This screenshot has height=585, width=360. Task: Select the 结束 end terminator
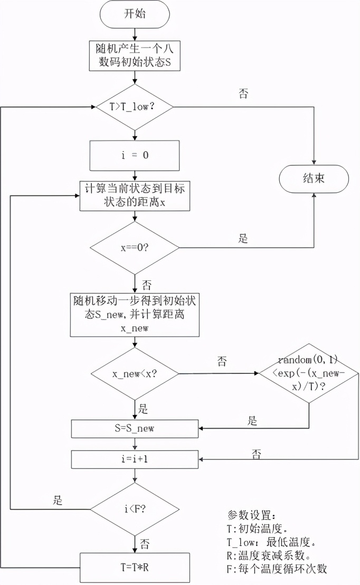coord(314,178)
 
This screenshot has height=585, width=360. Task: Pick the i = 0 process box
coord(135,155)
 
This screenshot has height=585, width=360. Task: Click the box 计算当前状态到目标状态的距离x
coord(135,196)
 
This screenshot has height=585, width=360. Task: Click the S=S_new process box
coord(135,428)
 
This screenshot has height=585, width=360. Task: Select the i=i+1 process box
coord(135,459)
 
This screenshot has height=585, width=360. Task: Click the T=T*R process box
coord(135,568)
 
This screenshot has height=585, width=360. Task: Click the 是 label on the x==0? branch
coord(243,239)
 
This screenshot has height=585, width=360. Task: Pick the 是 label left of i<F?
coord(58,499)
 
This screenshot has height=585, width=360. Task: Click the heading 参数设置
coord(251,514)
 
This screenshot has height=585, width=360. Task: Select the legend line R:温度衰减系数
coord(272,555)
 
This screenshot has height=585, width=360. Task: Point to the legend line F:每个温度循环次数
coord(280,569)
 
